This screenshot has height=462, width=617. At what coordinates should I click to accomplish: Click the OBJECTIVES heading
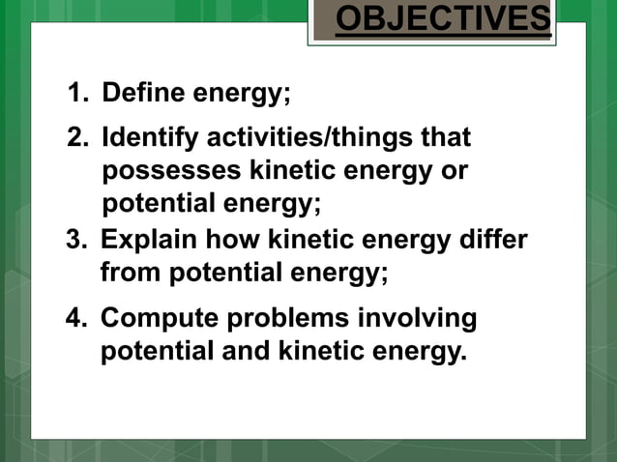tap(443, 20)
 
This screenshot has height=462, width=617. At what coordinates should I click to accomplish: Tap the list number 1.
tap(76, 94)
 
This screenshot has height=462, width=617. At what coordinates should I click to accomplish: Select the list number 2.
tap(76, 138)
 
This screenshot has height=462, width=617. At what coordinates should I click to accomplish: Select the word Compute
tap(154, 319)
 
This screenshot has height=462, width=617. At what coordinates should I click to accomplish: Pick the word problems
tap(283, 319)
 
